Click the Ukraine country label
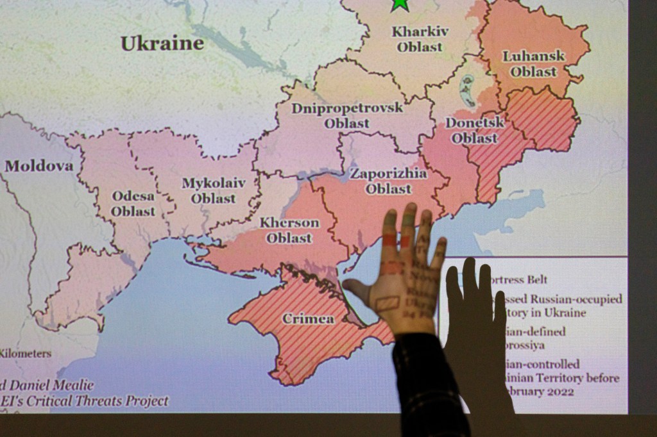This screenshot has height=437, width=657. tap(162, 44)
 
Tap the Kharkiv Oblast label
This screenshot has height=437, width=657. tap(420, 39)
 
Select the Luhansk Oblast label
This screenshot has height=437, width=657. tap(533, 63)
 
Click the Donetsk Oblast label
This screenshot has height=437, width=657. tap(475, 130)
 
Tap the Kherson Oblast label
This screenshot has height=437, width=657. tap(289, 230)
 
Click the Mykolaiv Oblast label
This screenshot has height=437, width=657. tap(214, 190)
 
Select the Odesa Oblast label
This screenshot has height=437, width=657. tap(133, 204)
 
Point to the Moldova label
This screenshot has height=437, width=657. tap(39, 166)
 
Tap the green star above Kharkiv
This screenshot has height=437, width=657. tap(400, 4)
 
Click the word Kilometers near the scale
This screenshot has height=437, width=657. tap(26, 353)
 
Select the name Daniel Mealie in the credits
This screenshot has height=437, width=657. tap(53, 386)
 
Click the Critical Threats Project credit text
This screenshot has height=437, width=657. tap(96, 402)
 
